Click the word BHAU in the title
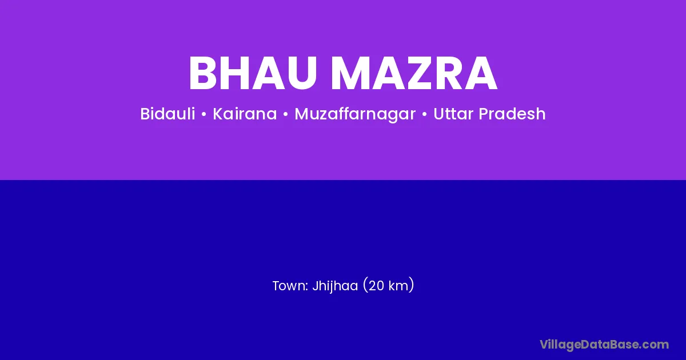coord(253,73)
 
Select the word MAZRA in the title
coord(414,73)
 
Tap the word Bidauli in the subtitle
coord(167,114)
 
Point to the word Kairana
coord(245,114)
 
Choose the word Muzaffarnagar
coord(355,114)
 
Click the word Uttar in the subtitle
coord(453,114)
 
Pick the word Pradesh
coord(512,114)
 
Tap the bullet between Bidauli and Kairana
coord(204,114)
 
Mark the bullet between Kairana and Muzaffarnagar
coord(286,114)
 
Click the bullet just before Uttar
coord(424,114)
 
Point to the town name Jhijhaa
coord(335,286)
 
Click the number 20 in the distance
coord(377,286)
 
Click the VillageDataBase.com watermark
coord(604,345)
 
